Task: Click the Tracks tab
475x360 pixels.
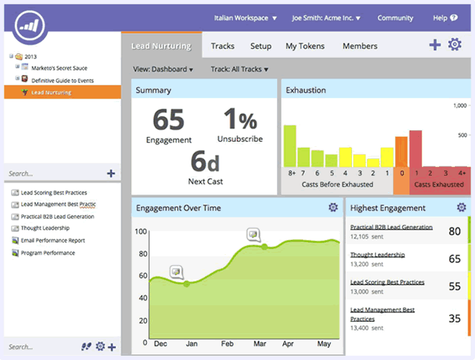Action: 222,46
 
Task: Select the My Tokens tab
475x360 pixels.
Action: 305,46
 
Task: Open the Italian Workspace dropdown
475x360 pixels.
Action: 245,18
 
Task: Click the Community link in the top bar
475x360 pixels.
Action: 395,18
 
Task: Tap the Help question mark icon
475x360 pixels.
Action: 453,18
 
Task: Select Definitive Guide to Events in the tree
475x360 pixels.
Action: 62,81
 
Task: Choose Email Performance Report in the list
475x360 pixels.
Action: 53,240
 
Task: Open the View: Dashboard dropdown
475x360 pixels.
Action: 163,70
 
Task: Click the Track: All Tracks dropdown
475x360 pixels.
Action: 240,70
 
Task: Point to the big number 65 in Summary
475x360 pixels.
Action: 168,120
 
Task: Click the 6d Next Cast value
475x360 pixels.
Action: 205,161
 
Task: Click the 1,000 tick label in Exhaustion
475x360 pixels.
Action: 457,106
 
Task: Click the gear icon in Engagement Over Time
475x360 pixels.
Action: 332,207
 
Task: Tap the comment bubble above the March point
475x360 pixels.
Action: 253,234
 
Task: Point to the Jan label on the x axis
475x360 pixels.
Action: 192,344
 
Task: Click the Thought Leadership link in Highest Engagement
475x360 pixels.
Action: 377,255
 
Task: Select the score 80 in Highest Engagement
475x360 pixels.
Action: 454,231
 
